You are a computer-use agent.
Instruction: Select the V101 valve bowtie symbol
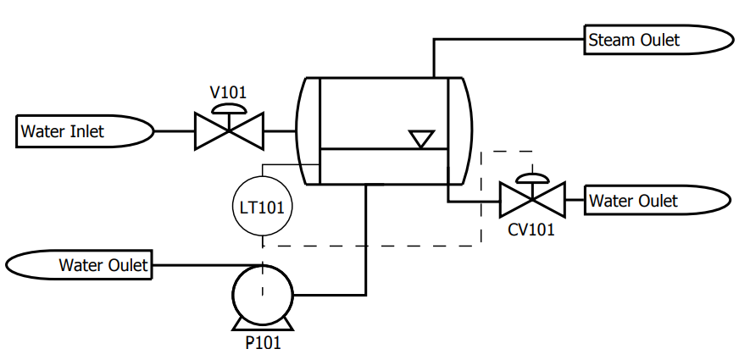click(229, 131)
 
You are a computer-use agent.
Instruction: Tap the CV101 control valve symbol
click(532, 200)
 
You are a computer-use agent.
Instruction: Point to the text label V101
click(228, 92)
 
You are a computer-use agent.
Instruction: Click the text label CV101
click(531, 230)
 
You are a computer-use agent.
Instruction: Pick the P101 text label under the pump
click(263, 343)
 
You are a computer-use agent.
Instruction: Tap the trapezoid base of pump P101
click(263, 324)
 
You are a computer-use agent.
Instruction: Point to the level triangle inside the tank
click(421, 140)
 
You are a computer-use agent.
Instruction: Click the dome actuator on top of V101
click(229, 109)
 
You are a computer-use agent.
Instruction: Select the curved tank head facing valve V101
click(298, 131)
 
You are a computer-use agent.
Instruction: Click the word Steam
click(611, 40)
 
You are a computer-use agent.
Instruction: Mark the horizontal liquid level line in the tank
click(384, 149)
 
